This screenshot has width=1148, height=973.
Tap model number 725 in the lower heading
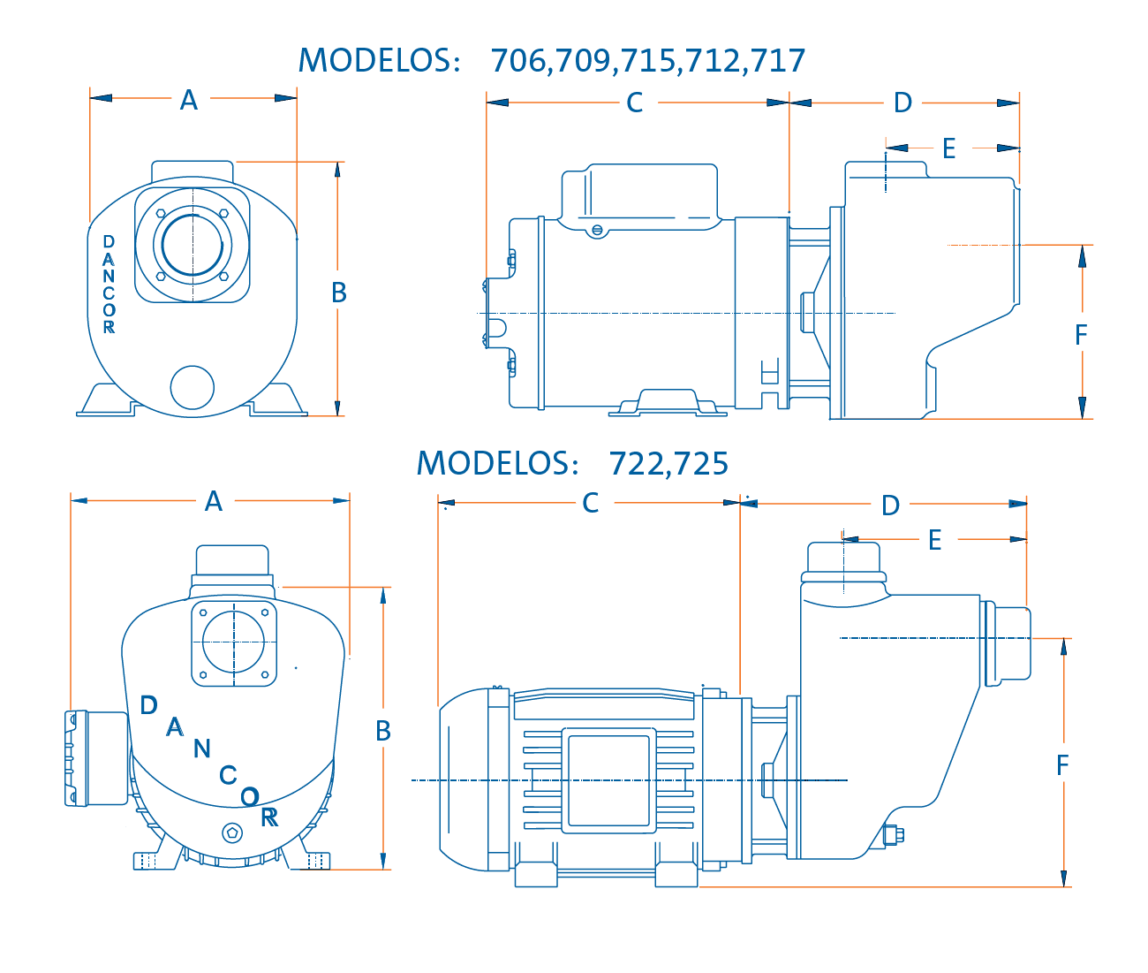click(701, 463)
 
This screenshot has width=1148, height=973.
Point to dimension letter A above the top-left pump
click(189, 100)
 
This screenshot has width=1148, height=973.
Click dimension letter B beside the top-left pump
click(339, 293)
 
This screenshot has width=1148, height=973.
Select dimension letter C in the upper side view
click(634, 103)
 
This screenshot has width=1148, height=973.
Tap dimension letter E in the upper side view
click(948, 148)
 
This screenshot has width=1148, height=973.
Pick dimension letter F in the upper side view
click(1080, 335)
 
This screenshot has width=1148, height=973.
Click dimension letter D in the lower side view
click(890, 506)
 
